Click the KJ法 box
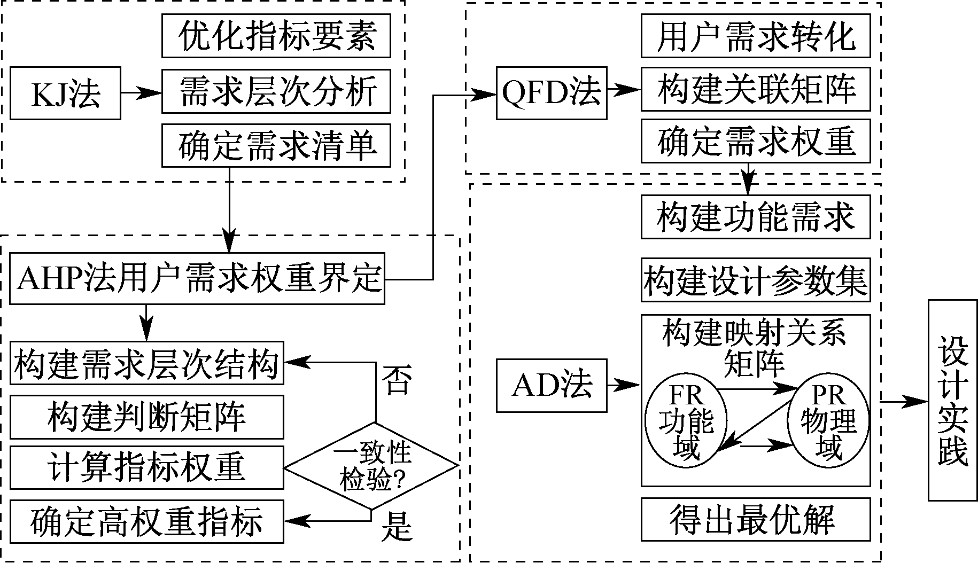coord(65,93)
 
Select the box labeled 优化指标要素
coord(276,35)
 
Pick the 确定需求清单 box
coord(276,145)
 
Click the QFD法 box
coord(552,93)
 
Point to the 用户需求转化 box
coord(755,35)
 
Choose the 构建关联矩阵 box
coord(755,89)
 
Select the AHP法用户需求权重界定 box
coord(197,279)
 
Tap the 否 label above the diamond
coord(397,381)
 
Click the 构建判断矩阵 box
coord(146,417)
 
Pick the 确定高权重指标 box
coord(146,521)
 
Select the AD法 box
coord(552,386)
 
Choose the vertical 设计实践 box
coord(953,400)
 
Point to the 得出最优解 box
coord(755,519)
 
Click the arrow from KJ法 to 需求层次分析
coord(141,93)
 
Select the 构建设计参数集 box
coord(755,280)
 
